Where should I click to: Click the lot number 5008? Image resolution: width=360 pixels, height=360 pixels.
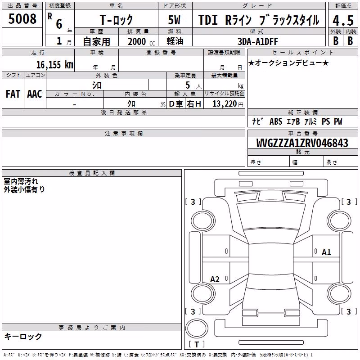(x=22, y=19)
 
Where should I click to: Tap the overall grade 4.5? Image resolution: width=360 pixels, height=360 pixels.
(x=343, y=21)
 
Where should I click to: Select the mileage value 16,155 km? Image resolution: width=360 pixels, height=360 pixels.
(x=54, y=64)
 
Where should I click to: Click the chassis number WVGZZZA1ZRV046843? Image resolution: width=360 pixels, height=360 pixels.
(x=302, y=143)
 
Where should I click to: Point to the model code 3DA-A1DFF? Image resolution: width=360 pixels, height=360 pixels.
(x=258, y=41)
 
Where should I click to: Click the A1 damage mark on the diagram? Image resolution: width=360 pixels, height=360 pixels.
(x=326, y=252)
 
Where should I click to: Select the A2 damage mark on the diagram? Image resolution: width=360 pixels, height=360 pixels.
(x=215, y=279)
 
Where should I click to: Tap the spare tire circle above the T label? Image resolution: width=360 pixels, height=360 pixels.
(x=197, y=328)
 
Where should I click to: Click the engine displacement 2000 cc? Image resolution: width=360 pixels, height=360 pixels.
(x=141, y=41)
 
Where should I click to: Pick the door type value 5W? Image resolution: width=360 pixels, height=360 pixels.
(x=174, y=20)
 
